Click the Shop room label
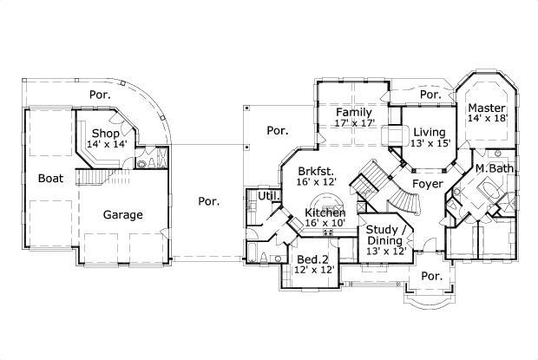[x=106, y=133]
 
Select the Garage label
[x=123, y=214]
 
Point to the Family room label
[x=354, y=112]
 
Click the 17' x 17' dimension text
[x=354, y=123]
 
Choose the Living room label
[x=429, y=132]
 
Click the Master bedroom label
[x=487, y=108]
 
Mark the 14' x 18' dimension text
[x=487, y=118]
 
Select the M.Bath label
[x=492, y=167]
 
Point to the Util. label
[x=268, y=197]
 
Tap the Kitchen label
[x=325, y=213]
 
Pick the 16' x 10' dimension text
[x=325, y=224]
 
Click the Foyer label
[x=428, y=185]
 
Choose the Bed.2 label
[x=311, y=259]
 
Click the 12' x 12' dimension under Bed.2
[x=311, y=271]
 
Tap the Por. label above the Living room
[x=430, y=94]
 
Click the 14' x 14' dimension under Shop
[x=106, y=144]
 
